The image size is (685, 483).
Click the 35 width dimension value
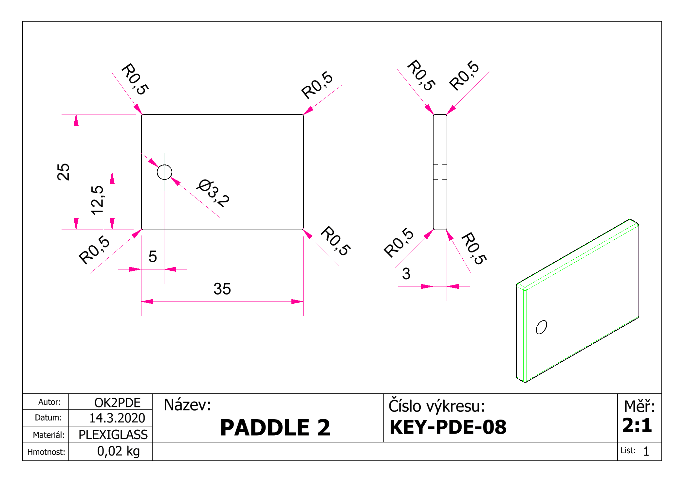222,289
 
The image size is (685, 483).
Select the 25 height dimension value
64,172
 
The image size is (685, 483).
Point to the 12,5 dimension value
97,200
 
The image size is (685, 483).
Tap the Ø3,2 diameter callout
213,193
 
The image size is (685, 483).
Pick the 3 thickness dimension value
406,274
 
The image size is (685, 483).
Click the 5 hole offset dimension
153,256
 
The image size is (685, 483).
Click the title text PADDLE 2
275,427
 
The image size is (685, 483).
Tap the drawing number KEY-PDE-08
448,427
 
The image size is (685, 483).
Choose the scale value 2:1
637,425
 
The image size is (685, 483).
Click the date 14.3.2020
117,418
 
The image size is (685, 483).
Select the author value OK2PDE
117,403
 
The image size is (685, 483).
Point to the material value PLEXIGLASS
113,435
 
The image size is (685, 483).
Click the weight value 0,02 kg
118,451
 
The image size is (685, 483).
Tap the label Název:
187,405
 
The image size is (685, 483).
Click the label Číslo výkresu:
436,405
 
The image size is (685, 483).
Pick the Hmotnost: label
46,452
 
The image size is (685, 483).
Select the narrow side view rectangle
433,172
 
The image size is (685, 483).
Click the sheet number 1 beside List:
646,452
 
